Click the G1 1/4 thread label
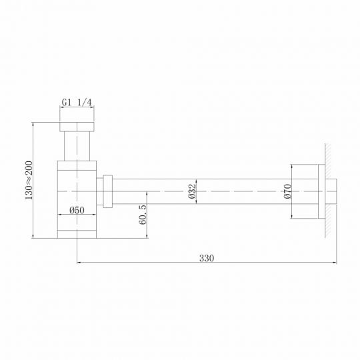(77, 103)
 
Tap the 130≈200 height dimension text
(28, 180)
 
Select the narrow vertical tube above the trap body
(77, 147)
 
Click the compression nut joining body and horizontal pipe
(107, 191)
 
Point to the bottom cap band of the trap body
(77, 233)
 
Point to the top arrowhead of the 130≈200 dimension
(33, 124)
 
